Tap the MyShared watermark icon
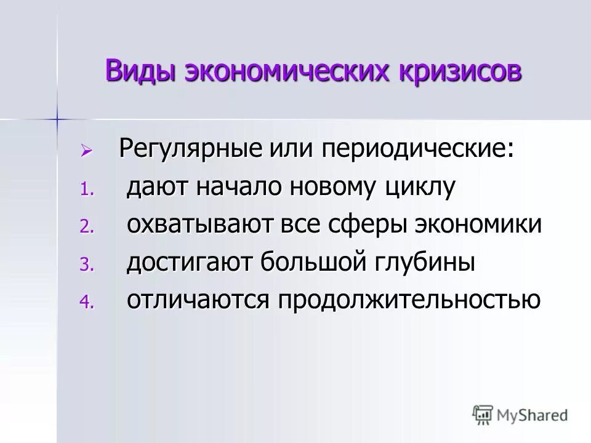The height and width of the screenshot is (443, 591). pos(483,415)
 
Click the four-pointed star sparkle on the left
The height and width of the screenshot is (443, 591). pos(57,117)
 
